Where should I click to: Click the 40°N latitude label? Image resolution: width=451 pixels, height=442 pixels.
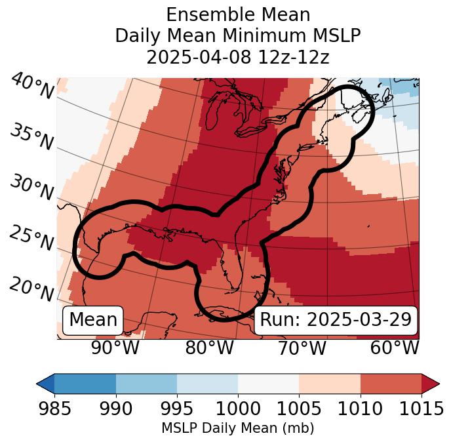pyautogui.click(x=31, y=87)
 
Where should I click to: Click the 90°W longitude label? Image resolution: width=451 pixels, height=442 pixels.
pyautogui.click(x=115, y=348)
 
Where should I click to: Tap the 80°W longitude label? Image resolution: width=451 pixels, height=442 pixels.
pyautogui.click(x=209, y=348)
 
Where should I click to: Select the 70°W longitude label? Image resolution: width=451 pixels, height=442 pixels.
pyautogui.click(x=302, y=348)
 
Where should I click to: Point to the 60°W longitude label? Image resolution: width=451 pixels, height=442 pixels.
pyautogui.click(x=395, y=348)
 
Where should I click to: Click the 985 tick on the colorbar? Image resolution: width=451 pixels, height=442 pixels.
pyautogui.click(x=54, y=409)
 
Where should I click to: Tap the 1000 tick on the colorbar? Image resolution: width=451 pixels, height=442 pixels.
pyautogui.click(x=238, y=409)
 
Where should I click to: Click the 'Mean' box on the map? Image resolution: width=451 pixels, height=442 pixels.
pyautogui.click(x=93, y=320)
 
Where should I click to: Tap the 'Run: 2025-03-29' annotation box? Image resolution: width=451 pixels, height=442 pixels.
pyautogui.click(x=336, y=320)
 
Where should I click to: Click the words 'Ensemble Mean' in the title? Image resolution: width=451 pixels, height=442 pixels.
pyautogui.click(x=238, y=14)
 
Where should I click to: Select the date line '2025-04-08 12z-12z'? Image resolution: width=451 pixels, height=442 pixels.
pyautogui.click(x=238, y=57)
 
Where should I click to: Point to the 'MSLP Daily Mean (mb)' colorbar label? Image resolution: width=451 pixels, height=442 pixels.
pyautogui.click(x=238, y=428)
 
